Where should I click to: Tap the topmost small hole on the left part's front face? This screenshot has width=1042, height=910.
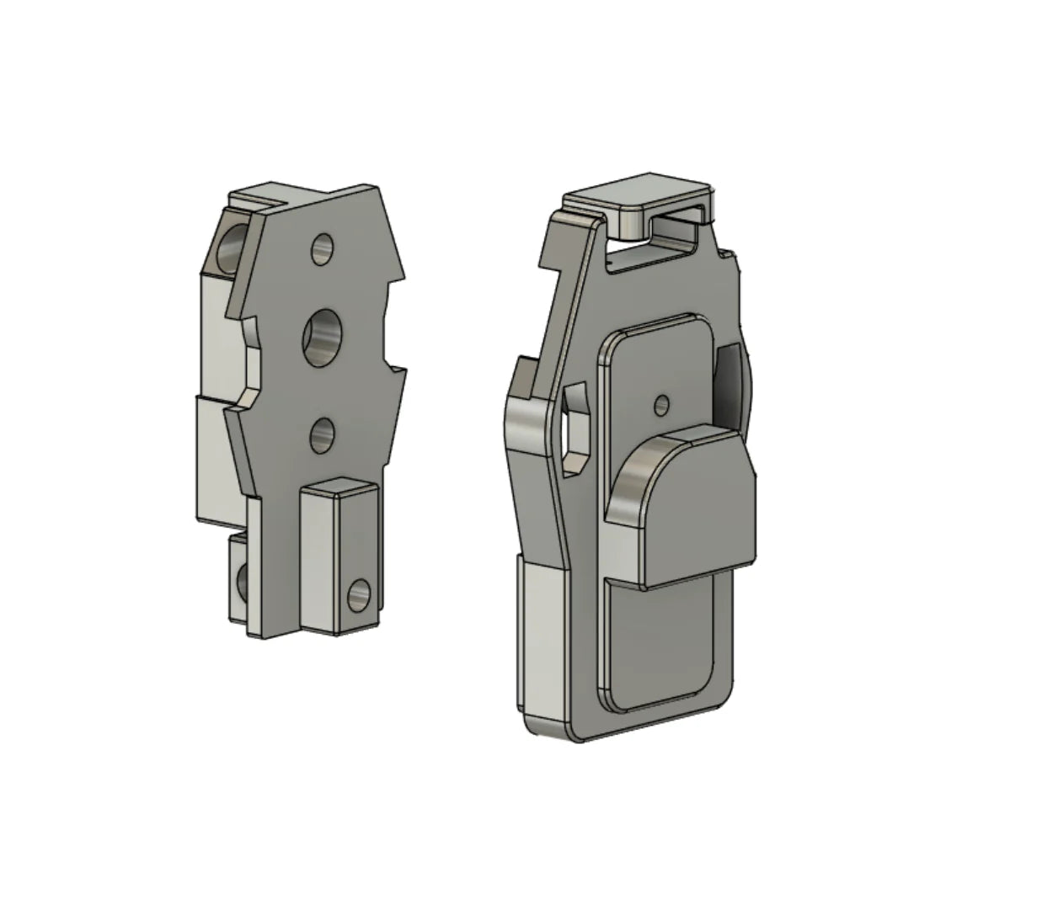pyautogui.click(x=323, y=249)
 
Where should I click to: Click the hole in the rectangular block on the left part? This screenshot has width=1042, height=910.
pyautogui.click(x=358, y=595)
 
